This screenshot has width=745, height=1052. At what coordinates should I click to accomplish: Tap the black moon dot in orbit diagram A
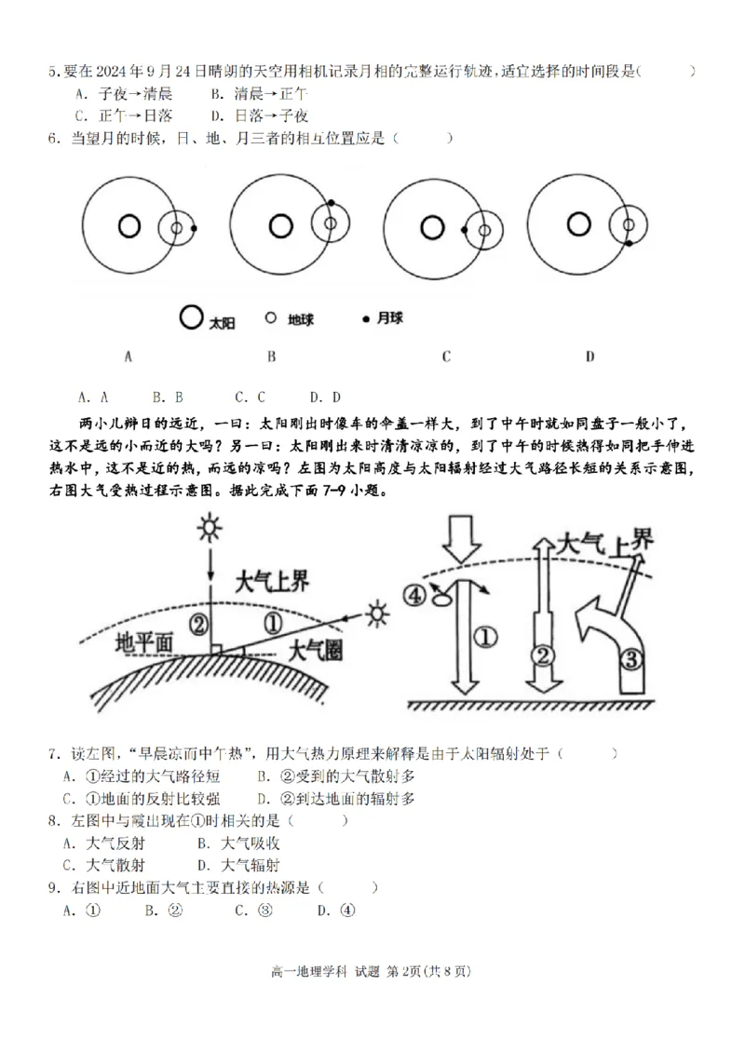point(193,227)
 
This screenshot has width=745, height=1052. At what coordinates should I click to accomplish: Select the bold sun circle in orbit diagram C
point(431,227)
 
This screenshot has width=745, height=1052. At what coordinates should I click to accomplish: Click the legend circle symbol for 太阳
point(190,318)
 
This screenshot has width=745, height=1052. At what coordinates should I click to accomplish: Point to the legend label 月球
point(389,319)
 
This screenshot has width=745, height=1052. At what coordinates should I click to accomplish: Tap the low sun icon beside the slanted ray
point(376,614)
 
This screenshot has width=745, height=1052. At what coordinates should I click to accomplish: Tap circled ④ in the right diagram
point(416,592)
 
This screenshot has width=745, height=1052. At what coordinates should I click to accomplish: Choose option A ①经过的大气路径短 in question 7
point(142,775)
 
